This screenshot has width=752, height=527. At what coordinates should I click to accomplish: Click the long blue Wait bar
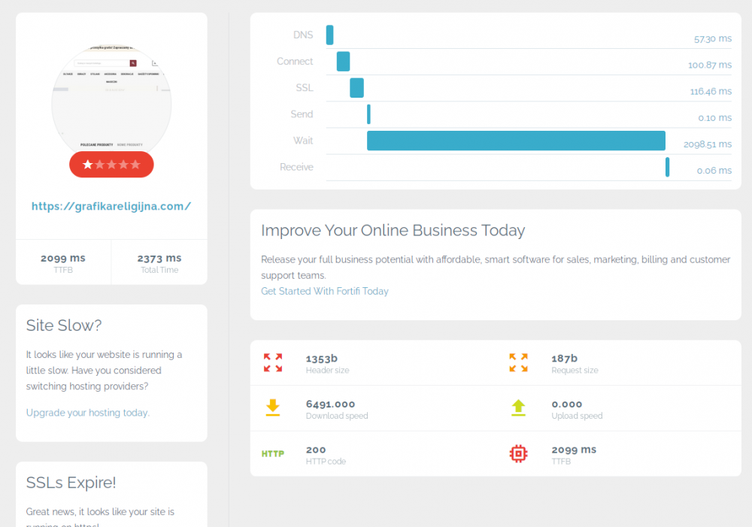click(x=516, y=141)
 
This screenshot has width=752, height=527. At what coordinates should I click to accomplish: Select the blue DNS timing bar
click(x=329, y=35)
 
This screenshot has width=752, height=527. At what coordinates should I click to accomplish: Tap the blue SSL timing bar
click(x=356, y=88)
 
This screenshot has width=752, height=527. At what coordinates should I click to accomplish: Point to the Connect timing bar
click(x=343, y=62)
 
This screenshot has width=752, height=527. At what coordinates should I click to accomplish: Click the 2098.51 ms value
click(x=707, y=144)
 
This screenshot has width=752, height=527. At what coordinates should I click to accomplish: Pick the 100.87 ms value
click(x=709, y=65)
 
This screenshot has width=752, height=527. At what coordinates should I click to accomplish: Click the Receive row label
click(x=296, y=167)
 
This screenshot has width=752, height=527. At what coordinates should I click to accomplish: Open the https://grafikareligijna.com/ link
click(x=111, y=206)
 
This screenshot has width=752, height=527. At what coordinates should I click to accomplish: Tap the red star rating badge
click(x=111, y=165)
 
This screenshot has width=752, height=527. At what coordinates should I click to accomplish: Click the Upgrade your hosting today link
click(x=87, y=413)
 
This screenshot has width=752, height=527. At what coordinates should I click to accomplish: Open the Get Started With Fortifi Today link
click(x=325, y=291)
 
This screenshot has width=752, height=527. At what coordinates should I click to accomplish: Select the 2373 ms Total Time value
click(x=159, y=258)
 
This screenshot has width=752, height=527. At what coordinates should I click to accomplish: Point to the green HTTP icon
click(x=272, y=453)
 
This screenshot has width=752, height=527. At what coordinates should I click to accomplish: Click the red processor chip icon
click(x=518, y=453)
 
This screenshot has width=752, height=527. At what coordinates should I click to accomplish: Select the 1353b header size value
click(x=322, y=359)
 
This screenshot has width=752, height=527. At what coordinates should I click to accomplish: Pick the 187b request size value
click(x=564, y=359)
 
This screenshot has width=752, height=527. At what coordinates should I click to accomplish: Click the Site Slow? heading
click(x=64, y=326)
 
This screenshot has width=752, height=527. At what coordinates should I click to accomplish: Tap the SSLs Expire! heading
click(x=71, y=483)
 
